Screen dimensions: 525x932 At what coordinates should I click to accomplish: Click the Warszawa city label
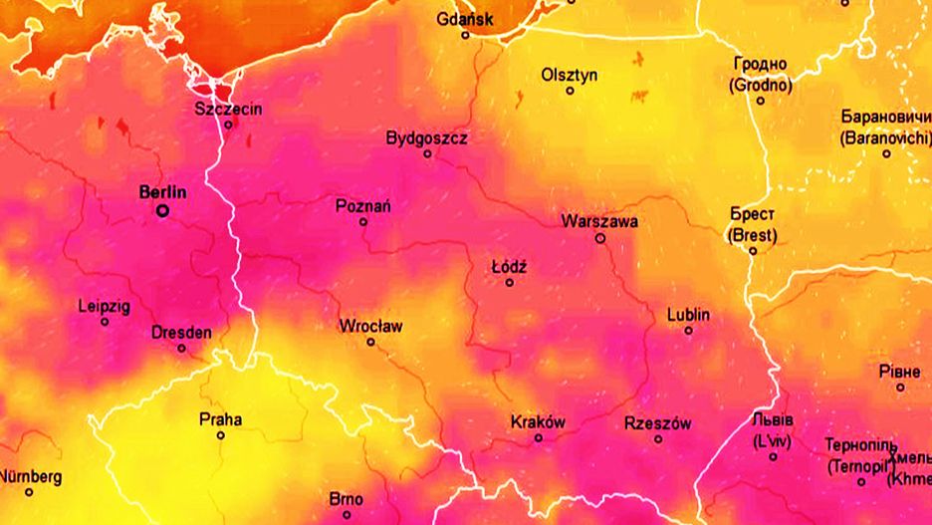(599, 221)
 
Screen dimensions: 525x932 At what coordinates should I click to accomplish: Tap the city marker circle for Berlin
(162, 210)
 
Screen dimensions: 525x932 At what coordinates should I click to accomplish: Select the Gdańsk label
(465, 19)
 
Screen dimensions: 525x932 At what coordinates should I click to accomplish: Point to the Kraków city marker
(539, 437)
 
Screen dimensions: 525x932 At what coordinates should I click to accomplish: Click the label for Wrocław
(370, 326)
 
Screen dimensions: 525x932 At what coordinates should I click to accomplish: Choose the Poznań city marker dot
(363, 221)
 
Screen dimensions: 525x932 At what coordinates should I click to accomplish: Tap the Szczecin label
(229, 109)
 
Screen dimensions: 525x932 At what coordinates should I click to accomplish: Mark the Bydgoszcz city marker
(428, 153)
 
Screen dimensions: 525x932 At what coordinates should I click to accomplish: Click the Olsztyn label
(570, 75)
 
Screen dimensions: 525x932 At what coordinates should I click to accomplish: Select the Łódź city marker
(510, 282)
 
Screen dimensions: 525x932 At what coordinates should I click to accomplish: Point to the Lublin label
(689, 315)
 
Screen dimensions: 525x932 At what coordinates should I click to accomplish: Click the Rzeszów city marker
(658, 438)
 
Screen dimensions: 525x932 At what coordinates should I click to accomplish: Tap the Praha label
(220, 419)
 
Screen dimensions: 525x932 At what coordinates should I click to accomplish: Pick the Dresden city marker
(181, 348)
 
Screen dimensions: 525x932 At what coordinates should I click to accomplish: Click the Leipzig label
(104, 307)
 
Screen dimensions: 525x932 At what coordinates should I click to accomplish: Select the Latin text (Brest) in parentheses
(753, 235)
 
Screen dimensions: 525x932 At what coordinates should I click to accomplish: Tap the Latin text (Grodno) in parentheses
(761, 85)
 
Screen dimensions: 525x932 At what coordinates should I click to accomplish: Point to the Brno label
(346, 499)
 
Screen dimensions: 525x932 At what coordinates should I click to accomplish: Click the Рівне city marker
(900, 387)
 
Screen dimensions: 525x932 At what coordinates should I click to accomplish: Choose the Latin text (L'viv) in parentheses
(773, 440)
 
